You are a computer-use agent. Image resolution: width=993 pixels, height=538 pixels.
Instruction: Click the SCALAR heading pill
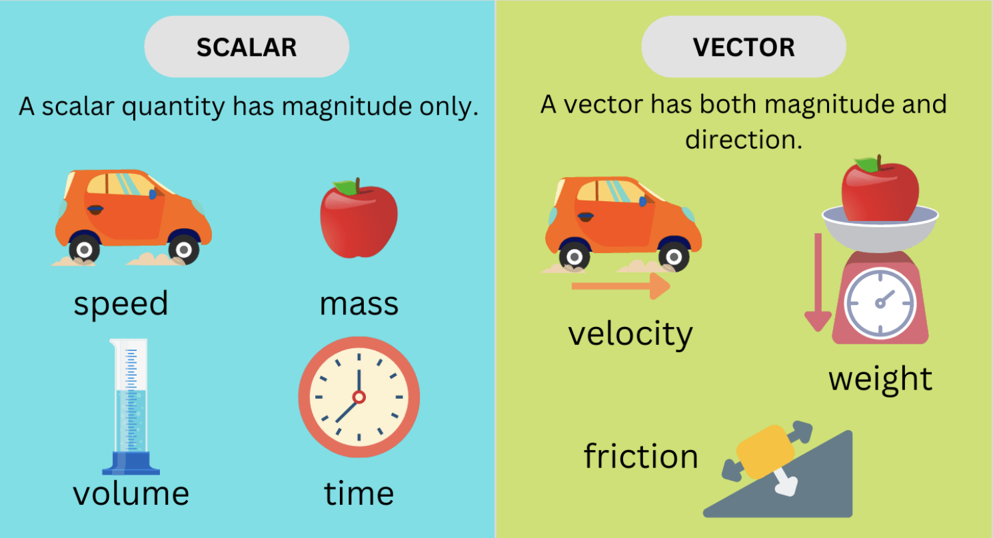[x=247, y=47]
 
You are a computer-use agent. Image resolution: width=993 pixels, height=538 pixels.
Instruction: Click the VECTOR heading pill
[x=744, y=47]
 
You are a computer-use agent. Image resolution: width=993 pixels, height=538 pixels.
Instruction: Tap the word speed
[x=121, y=304]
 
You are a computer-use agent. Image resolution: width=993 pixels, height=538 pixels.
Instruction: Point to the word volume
[x=131, y=493]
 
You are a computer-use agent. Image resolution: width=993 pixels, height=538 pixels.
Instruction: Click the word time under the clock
[x=359, y=493]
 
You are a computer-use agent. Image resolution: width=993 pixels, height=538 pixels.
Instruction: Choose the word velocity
[x=630, y=334]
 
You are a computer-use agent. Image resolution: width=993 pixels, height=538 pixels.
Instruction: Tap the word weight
[x=880, y=380]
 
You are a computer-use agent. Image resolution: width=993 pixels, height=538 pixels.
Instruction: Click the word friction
[x=640, y=456]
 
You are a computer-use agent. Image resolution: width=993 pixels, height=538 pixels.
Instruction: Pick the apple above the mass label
[x=359, y=218]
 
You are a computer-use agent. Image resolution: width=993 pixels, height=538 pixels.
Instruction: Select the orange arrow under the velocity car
[x=620, y=286]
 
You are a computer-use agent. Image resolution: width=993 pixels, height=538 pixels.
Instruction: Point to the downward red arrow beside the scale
[x=818, y=282]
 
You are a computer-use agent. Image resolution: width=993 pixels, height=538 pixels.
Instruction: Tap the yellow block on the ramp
[x=766, y=452]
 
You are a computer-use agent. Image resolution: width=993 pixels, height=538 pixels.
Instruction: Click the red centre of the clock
[x=359, y=397]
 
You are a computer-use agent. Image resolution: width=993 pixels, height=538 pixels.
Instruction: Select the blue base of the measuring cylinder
[x=131, y=463]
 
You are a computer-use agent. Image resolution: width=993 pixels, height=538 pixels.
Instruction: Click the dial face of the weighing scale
[x=880, y=304]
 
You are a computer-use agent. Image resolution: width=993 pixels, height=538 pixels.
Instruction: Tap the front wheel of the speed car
[x=183, y=250]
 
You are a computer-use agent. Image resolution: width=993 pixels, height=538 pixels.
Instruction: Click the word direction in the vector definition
[x=744, y=140]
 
